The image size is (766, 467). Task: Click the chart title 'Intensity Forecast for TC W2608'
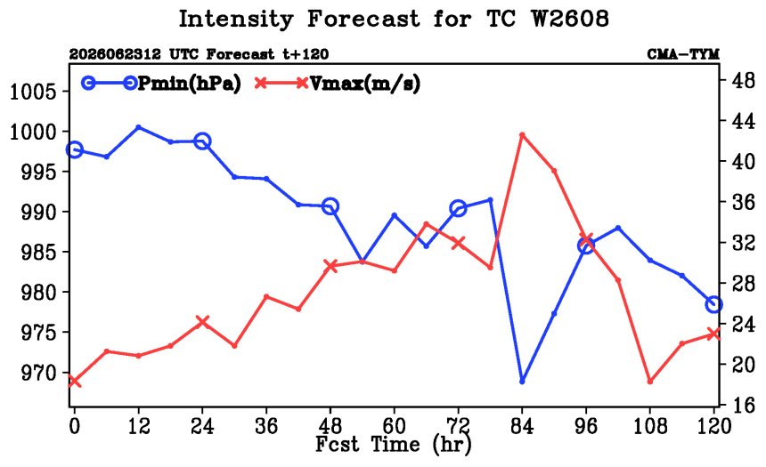click(x=394, y=20)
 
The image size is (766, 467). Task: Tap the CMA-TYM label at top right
click(x=683, y=54)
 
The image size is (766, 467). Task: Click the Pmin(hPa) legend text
click(x=190, y=84)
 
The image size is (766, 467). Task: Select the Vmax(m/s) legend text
click(x=365, y=84)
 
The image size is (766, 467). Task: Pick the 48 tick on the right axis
click(x=743, y=81)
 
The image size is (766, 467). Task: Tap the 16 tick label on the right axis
click(x=743, y=405)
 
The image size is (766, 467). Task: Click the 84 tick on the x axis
click(x=522, y=427)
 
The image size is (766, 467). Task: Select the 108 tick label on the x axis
click(x=649, y=427)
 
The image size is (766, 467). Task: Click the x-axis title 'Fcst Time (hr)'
click(x=394, y=445)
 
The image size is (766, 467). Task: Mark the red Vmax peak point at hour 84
click(x=522, y=134)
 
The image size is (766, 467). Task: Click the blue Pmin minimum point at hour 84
click(x=522, y=381)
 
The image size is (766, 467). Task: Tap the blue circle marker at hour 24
click(x=202, y=141)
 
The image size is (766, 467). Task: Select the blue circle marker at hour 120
click(x=713, y=304)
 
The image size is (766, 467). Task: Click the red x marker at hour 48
click(x=330, y=266)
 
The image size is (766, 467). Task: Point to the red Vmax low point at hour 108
click(x=649, y=381)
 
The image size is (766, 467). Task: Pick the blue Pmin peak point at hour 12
click(x=138, y=127)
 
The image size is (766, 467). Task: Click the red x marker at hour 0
click(x=74, y=381)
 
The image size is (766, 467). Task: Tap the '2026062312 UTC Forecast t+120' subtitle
click(x=199, y=54)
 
